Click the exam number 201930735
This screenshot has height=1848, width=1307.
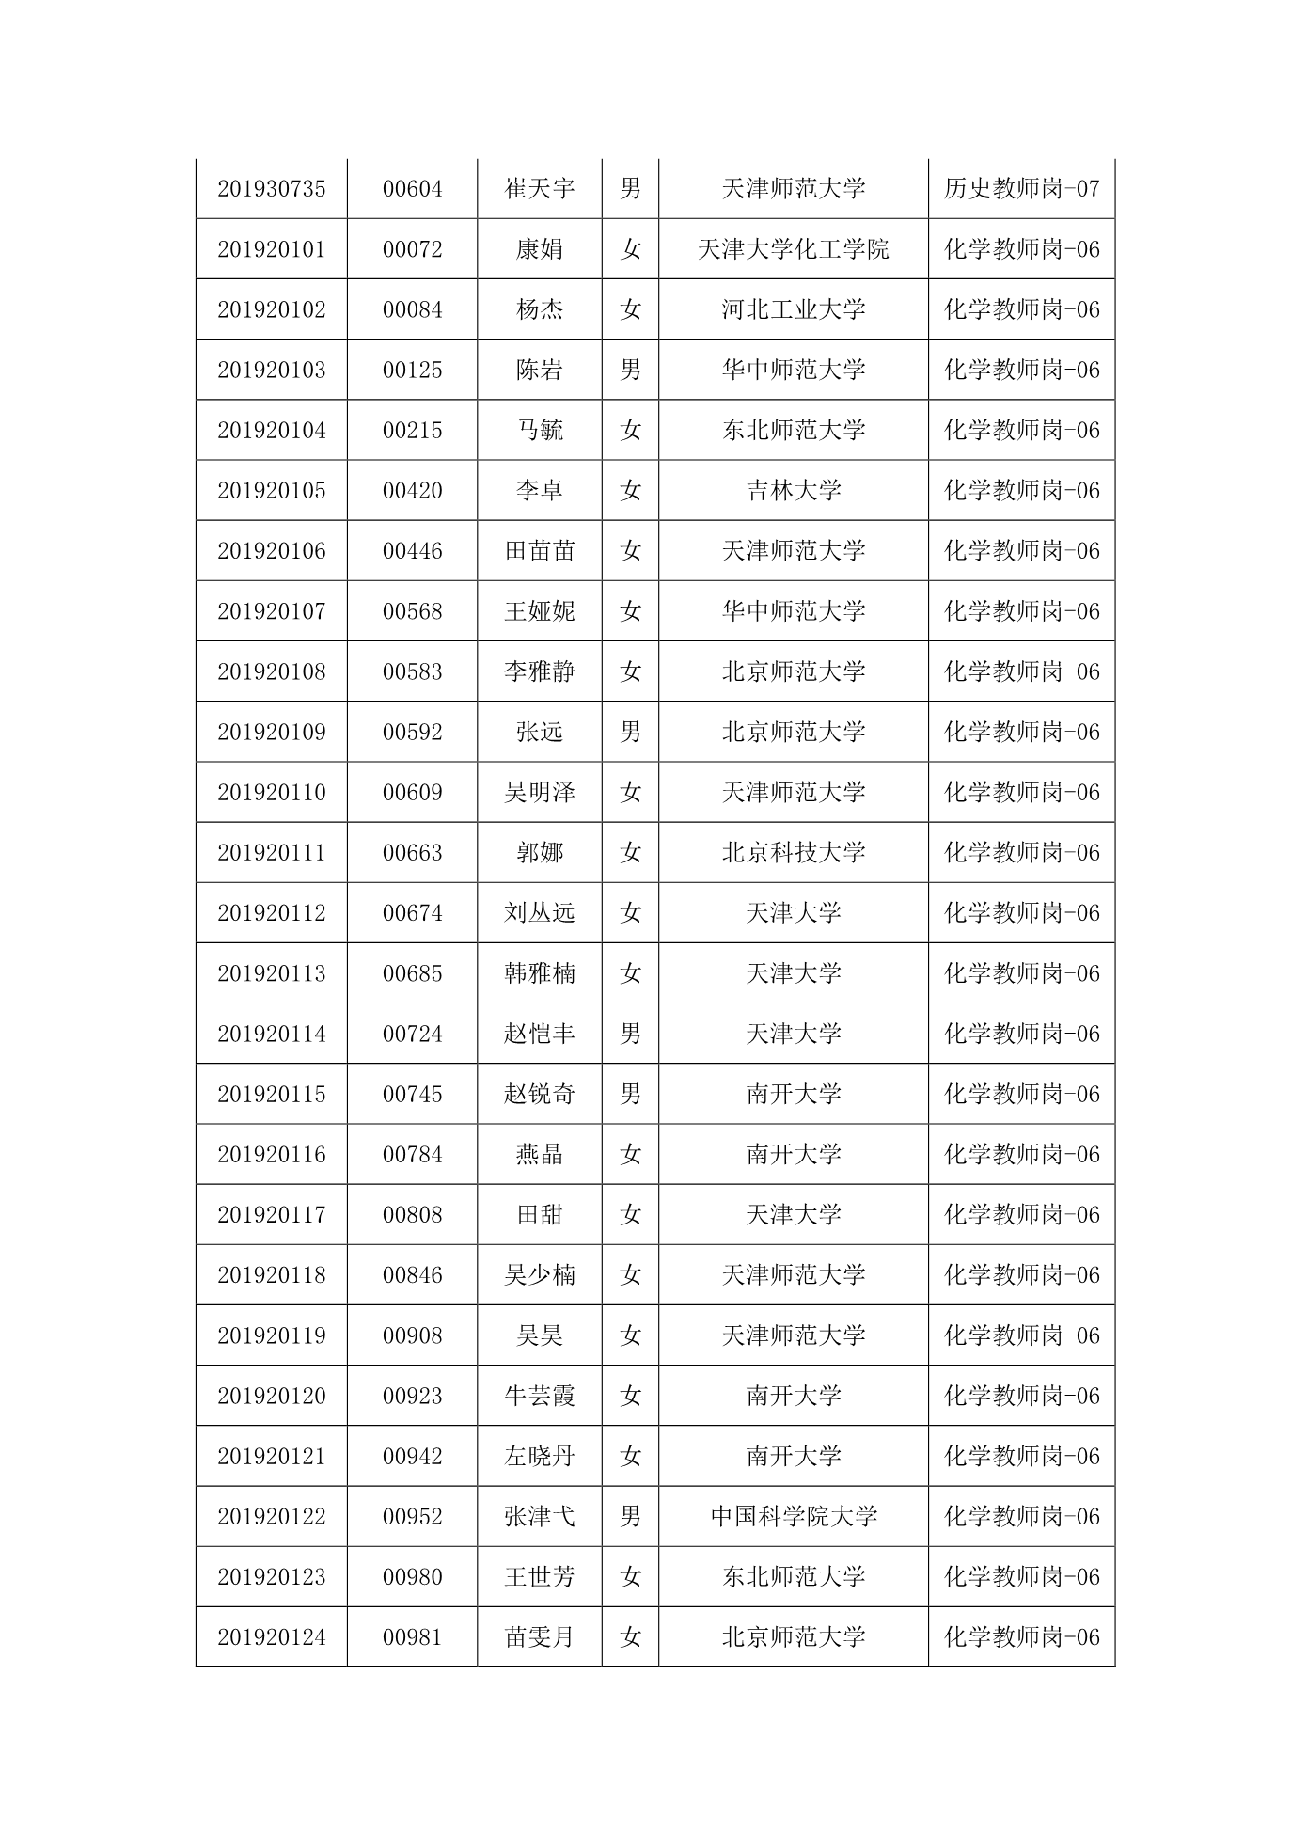pos(271,189)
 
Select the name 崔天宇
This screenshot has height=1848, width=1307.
pos(539,189)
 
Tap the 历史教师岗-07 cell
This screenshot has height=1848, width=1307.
pos(1021,189)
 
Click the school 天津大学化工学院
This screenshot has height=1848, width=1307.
pos(793,249)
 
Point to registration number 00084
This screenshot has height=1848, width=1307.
pos(412,309)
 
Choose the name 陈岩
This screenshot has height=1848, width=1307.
pos(539,370)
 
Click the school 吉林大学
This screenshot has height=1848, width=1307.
pos(793,490)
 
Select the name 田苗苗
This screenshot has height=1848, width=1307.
pos(539,550)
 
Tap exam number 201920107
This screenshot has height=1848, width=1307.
pos(271,611)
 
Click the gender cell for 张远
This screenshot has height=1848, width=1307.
pos(630,732)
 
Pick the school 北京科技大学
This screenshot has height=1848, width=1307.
pos(793,852)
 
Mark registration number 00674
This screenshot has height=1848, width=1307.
pos(412,912)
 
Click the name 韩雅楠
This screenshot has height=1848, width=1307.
pos(539,972)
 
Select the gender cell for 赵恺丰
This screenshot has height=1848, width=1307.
pos(630,1034)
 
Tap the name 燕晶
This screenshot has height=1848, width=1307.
pos(539,1154)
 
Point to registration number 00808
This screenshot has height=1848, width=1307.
pos(412,1214)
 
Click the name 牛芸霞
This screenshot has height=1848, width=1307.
pos(539,1396)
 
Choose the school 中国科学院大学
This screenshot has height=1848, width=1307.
pos(793,1516)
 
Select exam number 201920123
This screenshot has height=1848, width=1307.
pos(271,1576)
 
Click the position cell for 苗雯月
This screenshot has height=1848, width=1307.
pos(1021,1636)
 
